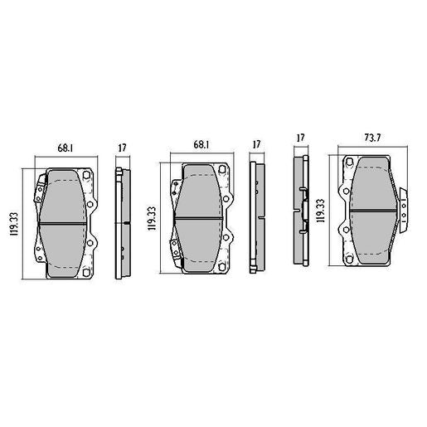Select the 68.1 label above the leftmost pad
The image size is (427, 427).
point(64,148)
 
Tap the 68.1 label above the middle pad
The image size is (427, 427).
point(201,144)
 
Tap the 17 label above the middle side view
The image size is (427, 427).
point(257,144)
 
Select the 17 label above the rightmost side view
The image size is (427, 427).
point(300,138)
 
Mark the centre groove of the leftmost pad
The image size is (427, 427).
point(66,224)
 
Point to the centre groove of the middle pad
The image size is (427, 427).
point(201,218)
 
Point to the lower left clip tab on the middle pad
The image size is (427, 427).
point(174,245)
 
